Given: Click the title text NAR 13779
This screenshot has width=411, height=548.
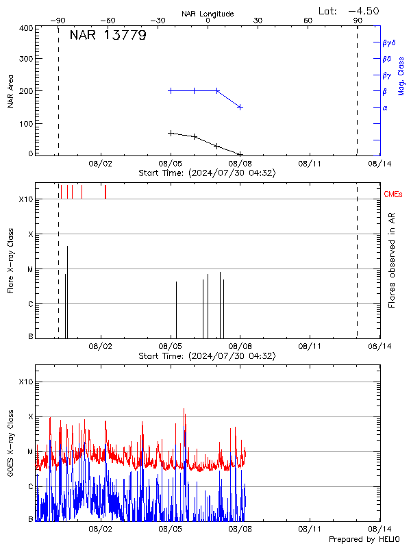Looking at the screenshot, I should [108, 36].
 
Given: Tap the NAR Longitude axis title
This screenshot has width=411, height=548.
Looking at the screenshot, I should [208, 14].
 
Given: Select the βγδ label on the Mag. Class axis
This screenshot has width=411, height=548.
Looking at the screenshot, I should [388, 42].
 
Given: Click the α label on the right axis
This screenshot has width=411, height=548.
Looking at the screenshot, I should [385, 108].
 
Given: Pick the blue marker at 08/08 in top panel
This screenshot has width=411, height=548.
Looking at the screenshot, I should [240, 107].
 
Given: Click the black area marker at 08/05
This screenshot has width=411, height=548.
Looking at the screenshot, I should [171, 133].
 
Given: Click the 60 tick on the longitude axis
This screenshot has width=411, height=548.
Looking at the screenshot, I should [308, 21].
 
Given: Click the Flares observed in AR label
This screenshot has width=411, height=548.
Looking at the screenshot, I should [392, 260].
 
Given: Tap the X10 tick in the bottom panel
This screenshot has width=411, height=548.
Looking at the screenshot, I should [25, 382].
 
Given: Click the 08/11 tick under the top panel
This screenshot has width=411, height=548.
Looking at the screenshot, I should [310, 164].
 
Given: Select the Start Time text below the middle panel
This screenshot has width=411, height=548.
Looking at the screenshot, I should [207, 356].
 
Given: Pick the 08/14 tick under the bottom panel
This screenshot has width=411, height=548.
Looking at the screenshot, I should [379, 529].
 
